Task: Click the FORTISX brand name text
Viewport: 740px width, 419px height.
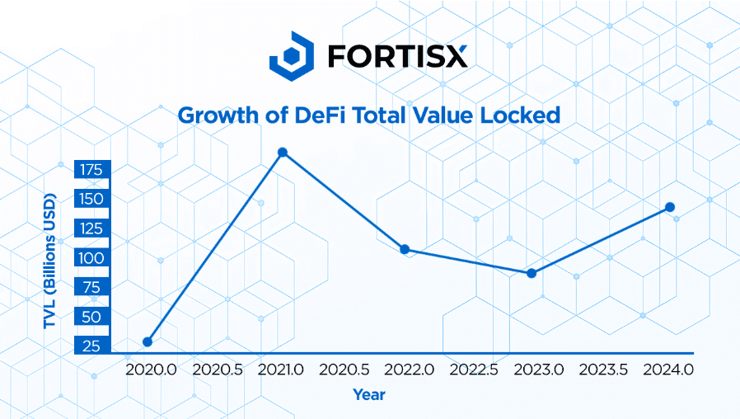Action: coord(397,55)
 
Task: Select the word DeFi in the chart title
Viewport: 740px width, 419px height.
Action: coord(316,115)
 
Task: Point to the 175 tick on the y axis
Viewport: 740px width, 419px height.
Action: coord(91,170)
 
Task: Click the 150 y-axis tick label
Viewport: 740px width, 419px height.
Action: coord(91,199)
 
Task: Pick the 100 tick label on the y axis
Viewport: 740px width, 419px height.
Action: coord(91,258)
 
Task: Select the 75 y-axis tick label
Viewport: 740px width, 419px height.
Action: coord(91,288)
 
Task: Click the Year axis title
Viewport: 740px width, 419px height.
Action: coord(369,395)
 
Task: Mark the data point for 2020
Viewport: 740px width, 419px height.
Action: coord(148,341)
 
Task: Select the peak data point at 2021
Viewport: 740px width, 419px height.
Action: coord(283,153)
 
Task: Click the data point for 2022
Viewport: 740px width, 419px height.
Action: coord(405,249)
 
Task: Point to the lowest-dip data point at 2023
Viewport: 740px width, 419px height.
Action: coord(532,273)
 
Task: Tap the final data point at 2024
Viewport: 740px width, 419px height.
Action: coord(670,207)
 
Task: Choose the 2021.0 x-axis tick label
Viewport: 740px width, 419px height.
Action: coord(281,370)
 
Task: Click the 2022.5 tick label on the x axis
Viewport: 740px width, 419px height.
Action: coord(475,370)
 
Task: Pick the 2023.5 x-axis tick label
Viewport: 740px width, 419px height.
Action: coord(604,370)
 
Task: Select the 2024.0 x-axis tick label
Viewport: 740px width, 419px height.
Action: coord(668,370)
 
